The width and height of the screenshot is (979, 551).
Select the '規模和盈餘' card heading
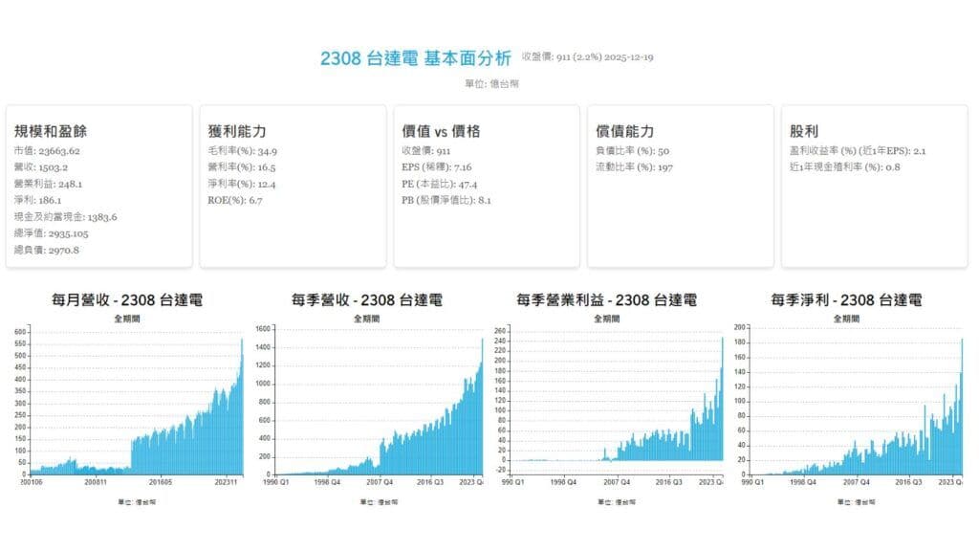(51, 131)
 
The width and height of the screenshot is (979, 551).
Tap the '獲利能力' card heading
(237, 131)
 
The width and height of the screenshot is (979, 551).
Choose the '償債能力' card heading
(624, 131)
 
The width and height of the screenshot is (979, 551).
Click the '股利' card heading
(804, 131)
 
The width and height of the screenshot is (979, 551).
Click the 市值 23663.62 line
(47, 151)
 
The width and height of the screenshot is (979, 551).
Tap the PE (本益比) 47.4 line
(440, 184)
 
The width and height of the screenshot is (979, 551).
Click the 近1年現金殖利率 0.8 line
(845, 167)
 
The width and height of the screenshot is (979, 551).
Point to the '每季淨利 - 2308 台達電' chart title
(846, 300)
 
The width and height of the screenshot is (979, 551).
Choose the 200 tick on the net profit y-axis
(739, 327)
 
